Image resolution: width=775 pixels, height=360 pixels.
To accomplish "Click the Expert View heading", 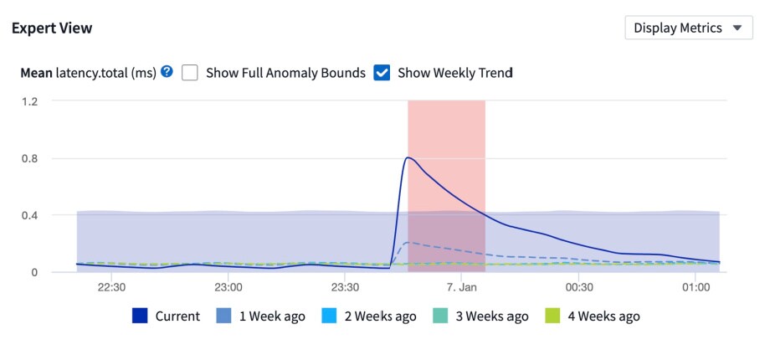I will pyautogui.click(x=52, y=28).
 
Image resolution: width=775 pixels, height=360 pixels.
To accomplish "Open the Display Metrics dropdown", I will pyautogui.click(x=688, y=28).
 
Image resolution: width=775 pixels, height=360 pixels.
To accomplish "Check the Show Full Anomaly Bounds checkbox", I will pyautogui.click(x=190, y=73).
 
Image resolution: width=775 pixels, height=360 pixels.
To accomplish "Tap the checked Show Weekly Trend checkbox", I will pyautogui.click(x=382, y=73).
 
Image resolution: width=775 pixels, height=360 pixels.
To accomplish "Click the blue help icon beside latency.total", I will pyautogui.click(x=167, y=72).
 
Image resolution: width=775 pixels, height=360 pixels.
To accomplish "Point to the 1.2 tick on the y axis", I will pyautogui.click(x=30, y=101).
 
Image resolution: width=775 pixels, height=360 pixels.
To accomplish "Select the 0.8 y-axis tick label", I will pyautogui.click(x=30, y=158).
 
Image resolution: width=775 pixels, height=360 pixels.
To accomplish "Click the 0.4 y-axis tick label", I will pyautogui.click(x=30, y=215).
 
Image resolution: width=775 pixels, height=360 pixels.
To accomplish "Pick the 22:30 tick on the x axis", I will pyautogui.click(x=111, y=287).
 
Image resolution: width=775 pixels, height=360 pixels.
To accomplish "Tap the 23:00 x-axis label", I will pyautogui.click(x=228, y=287).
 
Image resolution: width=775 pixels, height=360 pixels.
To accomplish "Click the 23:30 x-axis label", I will pyautogui.click(x=345, y=287).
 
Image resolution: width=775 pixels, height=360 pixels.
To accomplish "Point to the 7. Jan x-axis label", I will pyautogui.click(x=462, y=287).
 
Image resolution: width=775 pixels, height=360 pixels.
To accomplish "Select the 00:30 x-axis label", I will pyautogui.click(x=578, y=287).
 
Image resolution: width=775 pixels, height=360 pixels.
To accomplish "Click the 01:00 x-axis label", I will pyautogui.click(x=695, y=287).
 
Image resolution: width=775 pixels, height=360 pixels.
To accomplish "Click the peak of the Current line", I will pyautogui.click(x=408, y=157).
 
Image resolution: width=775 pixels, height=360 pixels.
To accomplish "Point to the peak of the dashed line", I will pyautogui.click(x=407, y=243).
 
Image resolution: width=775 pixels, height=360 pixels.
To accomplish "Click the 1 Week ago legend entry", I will pyautogui.click(x=261, y=316).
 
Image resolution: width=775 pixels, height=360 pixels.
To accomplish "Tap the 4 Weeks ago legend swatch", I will pyautogui.click(x=553, y=316).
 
